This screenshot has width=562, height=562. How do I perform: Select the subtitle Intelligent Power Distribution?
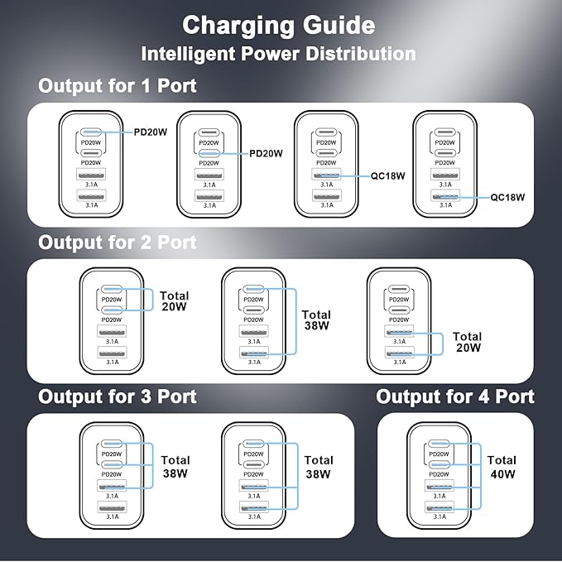click(x=278, y=54)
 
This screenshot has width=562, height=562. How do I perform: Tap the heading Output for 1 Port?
click(x=118, y=85)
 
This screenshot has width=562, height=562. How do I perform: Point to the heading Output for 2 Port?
click(x=118, y=242)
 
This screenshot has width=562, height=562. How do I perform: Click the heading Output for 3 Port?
click(x=118, y=396)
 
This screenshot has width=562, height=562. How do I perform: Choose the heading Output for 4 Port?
click(x=455, y=396)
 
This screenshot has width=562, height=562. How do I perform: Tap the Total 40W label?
click(x=502, y=467)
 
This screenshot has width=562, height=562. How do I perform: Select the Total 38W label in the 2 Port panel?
click(x=316, y=320)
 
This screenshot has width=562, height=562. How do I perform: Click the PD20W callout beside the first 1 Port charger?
click(x=156, y=131)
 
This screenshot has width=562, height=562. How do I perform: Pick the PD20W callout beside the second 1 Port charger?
click(x=266, y=152)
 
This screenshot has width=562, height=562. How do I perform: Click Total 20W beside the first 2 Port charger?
click(x=175, y=301)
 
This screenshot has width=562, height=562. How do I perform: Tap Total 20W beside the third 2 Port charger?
click(x=467, y=343)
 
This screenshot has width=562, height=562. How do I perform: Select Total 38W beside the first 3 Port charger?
click(x=175, y=466)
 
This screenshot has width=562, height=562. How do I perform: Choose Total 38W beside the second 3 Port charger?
click(x=319, y=466)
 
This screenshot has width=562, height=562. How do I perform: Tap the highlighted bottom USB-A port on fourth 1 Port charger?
click(x=445, y=196)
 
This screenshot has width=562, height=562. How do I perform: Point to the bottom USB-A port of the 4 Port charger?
click(x=440, y=507)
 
